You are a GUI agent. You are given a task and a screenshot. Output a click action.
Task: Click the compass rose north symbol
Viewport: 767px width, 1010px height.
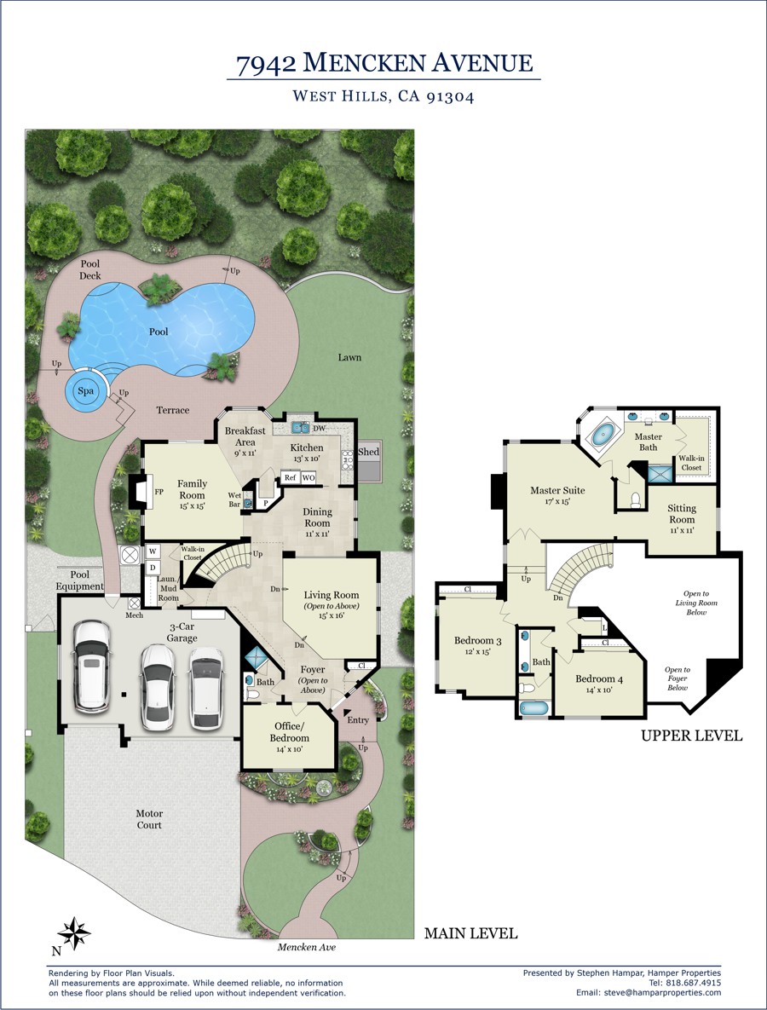[74, 932]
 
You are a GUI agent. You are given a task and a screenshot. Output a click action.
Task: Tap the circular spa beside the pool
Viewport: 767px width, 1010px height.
[86, 390]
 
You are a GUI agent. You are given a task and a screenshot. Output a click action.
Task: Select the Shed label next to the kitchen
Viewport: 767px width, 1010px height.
[368, 452]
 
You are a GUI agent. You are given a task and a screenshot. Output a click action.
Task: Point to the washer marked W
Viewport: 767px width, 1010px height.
[153, 551]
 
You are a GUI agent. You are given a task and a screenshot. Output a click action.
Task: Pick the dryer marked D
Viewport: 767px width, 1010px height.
[153, 568]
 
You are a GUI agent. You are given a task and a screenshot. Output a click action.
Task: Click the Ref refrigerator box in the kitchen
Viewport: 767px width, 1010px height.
[291, 478]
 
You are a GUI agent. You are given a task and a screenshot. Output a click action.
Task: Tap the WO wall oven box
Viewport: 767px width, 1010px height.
[309, 478]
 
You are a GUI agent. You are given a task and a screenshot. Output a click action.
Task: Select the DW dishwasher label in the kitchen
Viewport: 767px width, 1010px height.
[320, 429]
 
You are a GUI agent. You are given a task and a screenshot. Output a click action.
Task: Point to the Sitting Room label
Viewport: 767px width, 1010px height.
[682, 514]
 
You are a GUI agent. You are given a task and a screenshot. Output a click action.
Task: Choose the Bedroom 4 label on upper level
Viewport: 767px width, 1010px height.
[599, 679]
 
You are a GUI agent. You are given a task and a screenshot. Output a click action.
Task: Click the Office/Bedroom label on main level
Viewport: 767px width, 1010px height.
[289, 732]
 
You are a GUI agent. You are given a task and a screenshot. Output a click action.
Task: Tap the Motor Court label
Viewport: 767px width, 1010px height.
[149, 819]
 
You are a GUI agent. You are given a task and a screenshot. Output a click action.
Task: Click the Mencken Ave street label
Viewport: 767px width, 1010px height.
[307, 947]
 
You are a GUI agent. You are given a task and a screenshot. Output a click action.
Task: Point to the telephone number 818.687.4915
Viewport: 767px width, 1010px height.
[694, 983]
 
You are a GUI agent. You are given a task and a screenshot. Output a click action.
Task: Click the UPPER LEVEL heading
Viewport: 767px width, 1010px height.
[692, 736]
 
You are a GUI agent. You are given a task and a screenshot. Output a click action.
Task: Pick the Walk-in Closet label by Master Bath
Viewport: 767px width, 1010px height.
[691, 463]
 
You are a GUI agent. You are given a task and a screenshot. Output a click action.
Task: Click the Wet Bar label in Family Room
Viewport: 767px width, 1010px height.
[234, 499]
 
